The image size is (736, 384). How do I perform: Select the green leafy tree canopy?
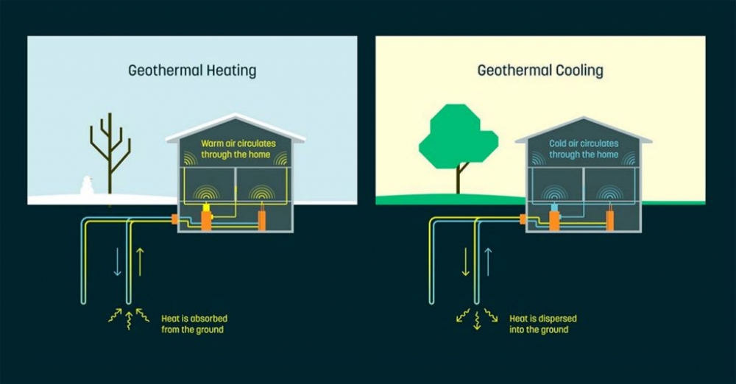[456, 136]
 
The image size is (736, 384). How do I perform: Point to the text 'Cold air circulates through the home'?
[584, 149]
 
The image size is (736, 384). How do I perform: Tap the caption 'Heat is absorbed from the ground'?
[194, 324]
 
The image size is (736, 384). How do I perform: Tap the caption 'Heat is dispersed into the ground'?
[543, 324]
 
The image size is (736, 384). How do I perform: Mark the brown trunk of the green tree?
[460, 179]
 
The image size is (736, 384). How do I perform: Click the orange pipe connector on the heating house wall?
[175, 218]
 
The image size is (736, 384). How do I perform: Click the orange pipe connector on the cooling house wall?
[523, 218]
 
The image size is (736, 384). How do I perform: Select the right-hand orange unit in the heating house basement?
[262, 221]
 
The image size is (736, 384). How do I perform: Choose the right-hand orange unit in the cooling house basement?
[610, 221]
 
